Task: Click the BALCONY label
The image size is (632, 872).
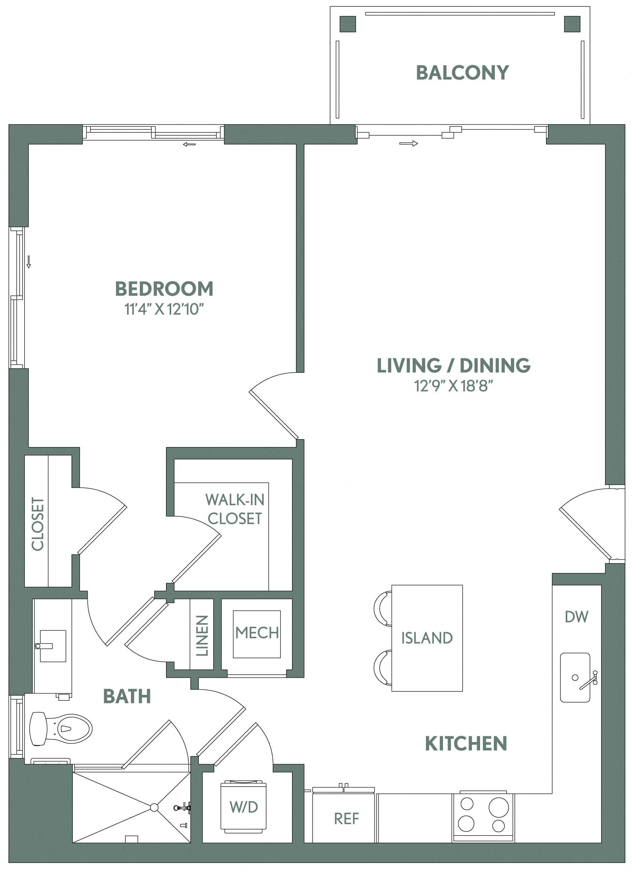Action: pyautogui.click(x=462, y=73)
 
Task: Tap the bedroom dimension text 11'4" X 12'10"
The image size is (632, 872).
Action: pyautogui.click(x=164, y=309)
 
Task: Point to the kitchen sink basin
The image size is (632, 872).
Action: pyautogui.click(x=575, y=677)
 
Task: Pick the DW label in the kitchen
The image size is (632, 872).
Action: pyautogui.click(x=576, y=617)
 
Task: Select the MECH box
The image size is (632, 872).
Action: pyautogui.click(x=257, y=633)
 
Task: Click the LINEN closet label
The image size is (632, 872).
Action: pyautogui.click(x=202, y=635)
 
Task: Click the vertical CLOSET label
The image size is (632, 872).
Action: pyautogui.click(x=38, y=523)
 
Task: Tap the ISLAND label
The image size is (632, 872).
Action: pyautogui.click(x=427, y=638)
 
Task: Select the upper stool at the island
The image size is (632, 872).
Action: pyautogui.click(x=383, y=608)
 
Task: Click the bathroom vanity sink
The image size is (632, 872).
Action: pyautogui.click(x=53, y=646)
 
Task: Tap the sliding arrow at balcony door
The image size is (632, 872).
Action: pyautogui.click(x=408, y=144)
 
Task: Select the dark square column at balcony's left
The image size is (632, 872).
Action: pyautogui.click(x=348, y=24)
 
